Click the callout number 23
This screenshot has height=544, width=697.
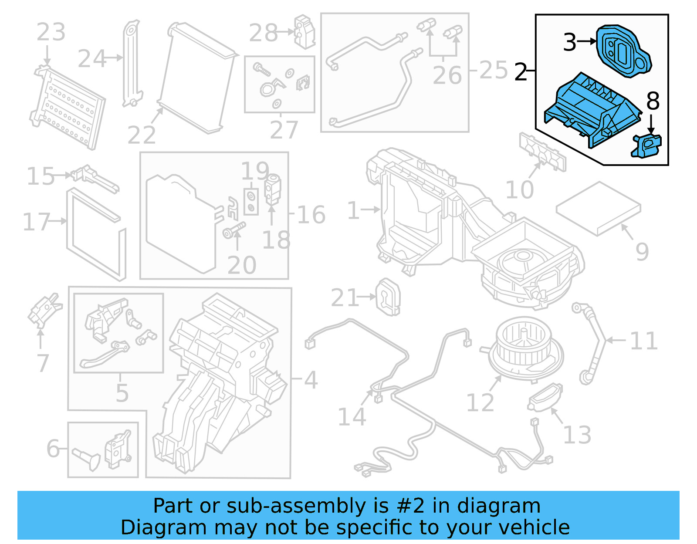(x=51, y=32)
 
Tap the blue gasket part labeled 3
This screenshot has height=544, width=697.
(x=623, y=51)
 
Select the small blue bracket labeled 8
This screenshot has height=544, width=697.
(x=647, y=145)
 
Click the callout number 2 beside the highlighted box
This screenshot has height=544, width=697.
(x=521, y=72)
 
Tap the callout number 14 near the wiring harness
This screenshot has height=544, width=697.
(x=352, y=417)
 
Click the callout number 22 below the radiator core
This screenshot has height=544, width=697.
(x=142, y=135)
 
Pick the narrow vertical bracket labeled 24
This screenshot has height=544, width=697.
(x=132, y=63)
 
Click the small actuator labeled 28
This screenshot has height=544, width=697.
(x=304, y=31)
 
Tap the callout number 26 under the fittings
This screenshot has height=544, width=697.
(x=447, y=75)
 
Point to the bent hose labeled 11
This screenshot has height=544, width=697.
(x=592, y=344)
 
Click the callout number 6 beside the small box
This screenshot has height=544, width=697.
(x=53, y=448)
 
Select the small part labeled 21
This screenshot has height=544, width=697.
(x=387, y=297)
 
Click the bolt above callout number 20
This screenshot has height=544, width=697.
(x=234, y=230)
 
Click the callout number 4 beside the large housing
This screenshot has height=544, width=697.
(x=311, y=380)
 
